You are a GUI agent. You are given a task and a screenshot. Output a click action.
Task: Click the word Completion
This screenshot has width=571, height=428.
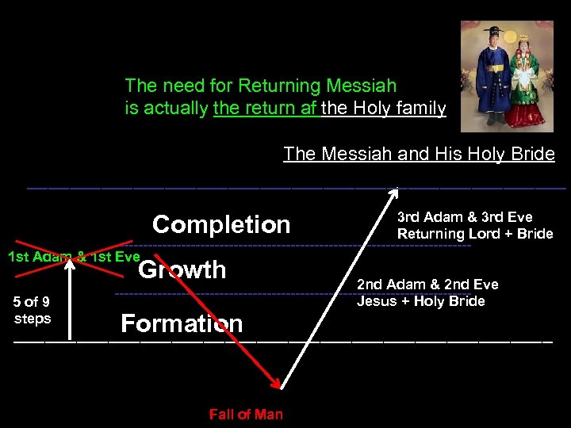[221, 224]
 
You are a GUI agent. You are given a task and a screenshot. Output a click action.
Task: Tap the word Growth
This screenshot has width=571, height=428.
[182, 269]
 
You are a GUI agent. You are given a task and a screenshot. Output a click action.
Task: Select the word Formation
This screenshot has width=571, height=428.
[182, 323]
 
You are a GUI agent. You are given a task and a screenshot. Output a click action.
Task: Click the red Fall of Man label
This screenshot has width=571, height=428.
[246, 414]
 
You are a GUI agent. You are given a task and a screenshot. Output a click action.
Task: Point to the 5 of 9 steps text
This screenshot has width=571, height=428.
[33, 310]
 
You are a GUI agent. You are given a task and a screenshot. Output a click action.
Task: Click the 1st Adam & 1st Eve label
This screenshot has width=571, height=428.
[73, 256]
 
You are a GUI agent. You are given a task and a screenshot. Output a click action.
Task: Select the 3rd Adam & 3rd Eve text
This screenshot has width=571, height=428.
[465, 217]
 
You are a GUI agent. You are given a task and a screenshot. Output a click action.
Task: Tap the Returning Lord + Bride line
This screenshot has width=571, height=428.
[474, 234]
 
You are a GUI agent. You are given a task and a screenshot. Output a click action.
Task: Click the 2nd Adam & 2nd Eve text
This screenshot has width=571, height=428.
[427, 285]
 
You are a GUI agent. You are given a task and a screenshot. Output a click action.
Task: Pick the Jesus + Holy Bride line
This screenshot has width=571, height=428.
[420, 301]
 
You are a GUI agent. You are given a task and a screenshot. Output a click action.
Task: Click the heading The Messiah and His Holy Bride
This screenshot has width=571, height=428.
[419, 154]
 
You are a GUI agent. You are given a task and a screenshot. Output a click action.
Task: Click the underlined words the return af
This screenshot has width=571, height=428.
[266, 109]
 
